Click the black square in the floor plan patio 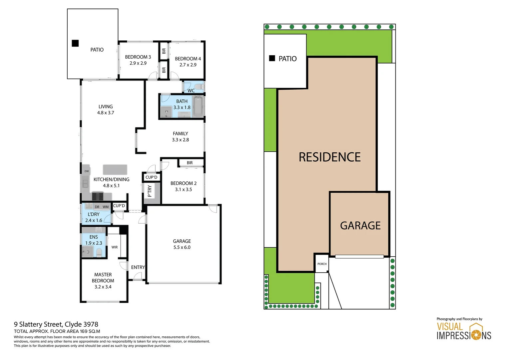coord(75,43)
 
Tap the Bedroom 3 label coord(138,57)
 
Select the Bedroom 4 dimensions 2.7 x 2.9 coord(188,65)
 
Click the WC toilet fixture coord(199,87)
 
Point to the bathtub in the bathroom coord(198,107)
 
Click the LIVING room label coord(106,107)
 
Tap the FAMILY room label coord(180,134)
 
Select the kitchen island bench coord(115,169)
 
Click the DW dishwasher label coord(87,171)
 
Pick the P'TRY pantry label coord(150,191)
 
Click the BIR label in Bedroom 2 coord(190,163)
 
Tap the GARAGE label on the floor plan coord(182,241)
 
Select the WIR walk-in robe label coord(115,247)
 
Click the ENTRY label coord(138,267)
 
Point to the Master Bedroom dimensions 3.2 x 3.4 coord(103,287)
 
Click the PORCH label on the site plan coord(322,264)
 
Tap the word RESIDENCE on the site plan coord(329,157)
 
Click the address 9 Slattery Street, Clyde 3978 coord(56,324)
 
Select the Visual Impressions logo coord(464,331)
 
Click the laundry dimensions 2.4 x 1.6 coord(94,221)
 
